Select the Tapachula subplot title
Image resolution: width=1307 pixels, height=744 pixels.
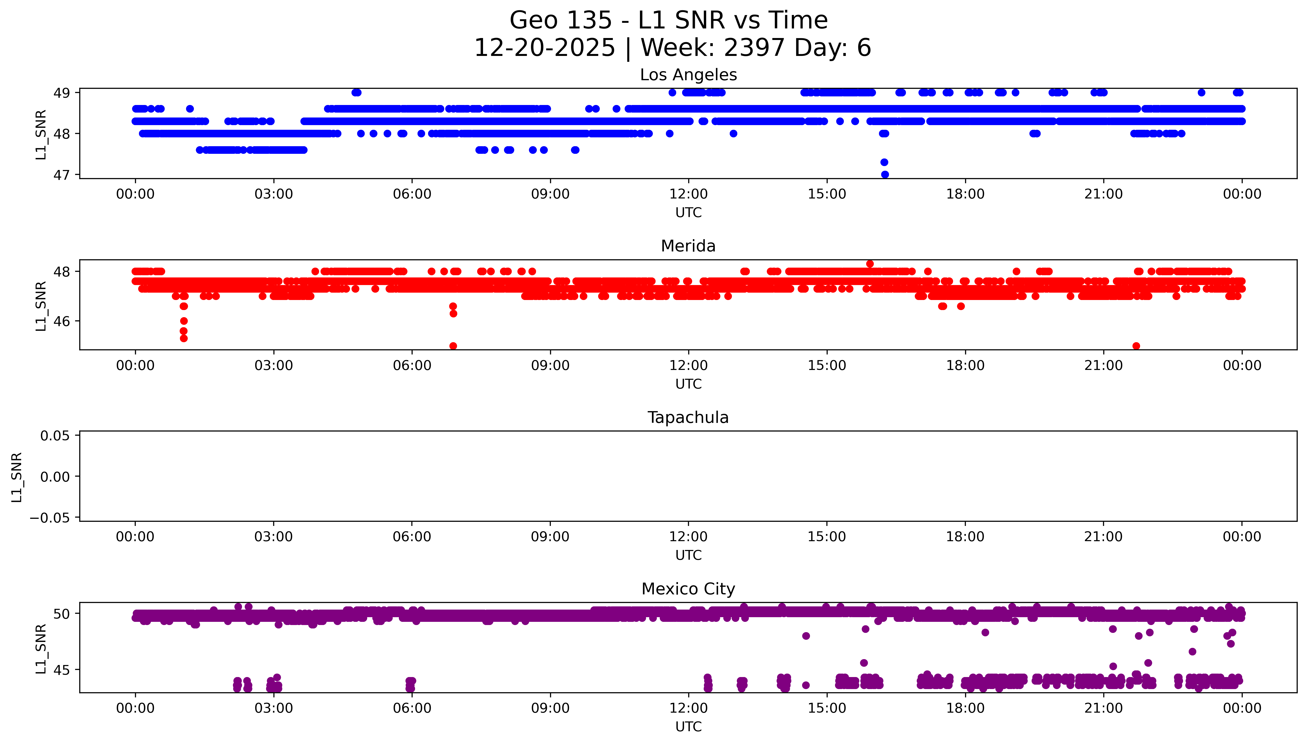coord(688,418)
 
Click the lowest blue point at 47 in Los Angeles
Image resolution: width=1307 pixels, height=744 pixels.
coord(885,174)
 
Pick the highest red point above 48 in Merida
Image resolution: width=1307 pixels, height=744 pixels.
coord(869,264)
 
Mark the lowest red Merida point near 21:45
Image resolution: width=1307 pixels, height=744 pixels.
coord(1136,346)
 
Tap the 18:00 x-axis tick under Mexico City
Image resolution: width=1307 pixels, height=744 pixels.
coord(965,708)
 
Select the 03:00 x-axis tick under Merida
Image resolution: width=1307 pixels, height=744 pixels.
coord(273,365)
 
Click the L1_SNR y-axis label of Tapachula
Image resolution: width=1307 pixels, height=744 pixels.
coord(17,477)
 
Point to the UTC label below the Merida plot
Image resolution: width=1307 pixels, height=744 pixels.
coord(688,384)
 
